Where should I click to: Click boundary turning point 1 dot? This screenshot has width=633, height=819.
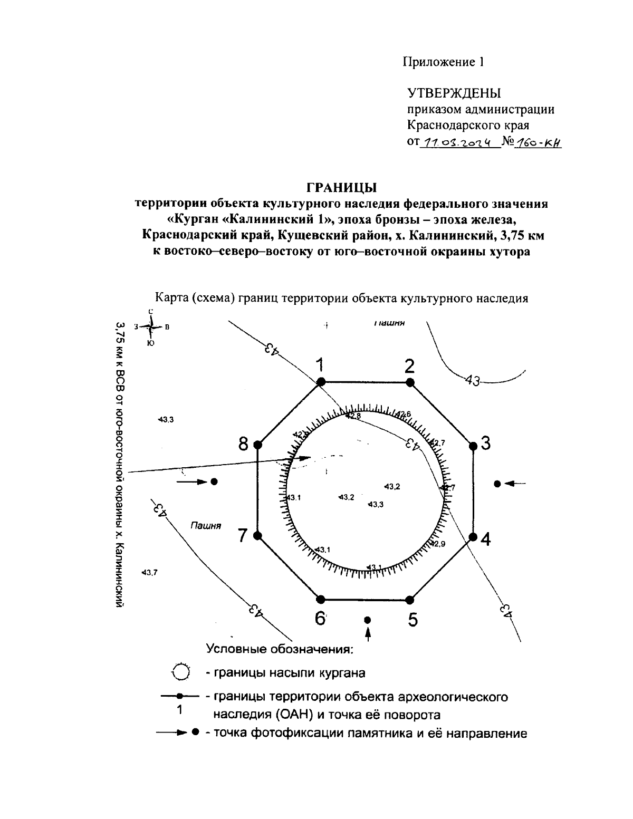click(x=320, y=382)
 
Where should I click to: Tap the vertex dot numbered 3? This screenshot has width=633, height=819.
click(x=473, y=446)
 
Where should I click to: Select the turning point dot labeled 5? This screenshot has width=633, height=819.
click(x=410, y=600)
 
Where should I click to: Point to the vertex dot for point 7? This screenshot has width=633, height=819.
click(x=257, y=536)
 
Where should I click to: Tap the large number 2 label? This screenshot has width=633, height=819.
click(x=409, y=366)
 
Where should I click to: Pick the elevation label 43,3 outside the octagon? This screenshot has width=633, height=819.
click(x=166, y=419)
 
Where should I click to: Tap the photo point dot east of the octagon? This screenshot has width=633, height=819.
click(x=497, y=484)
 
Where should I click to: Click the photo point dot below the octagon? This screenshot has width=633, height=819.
click(x=368, y=620)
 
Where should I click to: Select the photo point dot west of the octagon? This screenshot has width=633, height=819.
click(x=214, y=481)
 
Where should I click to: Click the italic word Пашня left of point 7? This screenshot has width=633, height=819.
click(x=206, y=526)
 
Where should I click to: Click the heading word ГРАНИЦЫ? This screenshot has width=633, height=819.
click(x=341, y=187)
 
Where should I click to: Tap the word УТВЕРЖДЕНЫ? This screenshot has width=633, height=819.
click(x=454, y=93)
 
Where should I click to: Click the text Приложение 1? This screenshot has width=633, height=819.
click(x=443, y=62)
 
